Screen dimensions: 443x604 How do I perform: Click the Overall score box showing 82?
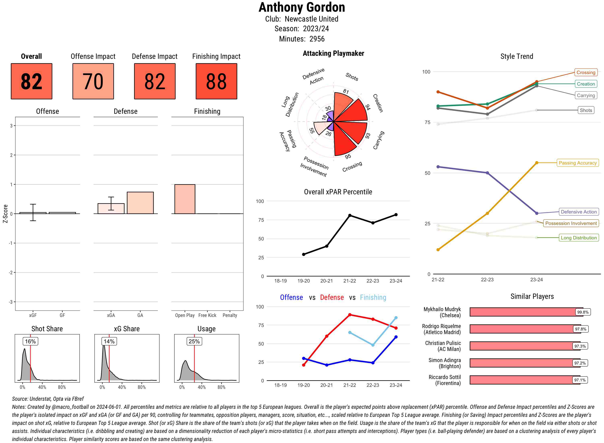tap(31, 81)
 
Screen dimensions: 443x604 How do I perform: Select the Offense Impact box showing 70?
tap(93, 81)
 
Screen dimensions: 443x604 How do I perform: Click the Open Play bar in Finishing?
tap(185, 199)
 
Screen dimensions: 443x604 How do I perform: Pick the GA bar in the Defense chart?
tap(140, 203)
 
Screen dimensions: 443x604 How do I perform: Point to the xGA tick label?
tap(111, 315)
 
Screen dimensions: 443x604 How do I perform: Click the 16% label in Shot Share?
tap(30, 341)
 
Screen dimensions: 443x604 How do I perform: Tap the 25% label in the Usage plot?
tap(194, 341)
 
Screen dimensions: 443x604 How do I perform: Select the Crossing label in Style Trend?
tap(585, 72)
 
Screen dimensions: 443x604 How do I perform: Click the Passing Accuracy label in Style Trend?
tap(577, 163)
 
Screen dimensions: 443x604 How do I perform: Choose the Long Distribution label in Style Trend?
tap(579, 238)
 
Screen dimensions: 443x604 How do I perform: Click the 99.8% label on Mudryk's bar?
tap(583, 312)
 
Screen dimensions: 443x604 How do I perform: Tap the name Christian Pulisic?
tap(443, 343)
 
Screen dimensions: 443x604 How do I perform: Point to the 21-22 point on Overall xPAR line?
tap(350, 215)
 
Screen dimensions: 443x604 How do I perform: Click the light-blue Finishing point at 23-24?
tap(396, 318)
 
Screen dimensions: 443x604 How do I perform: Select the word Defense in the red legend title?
tap(332, 297)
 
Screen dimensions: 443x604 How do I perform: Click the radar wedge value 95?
tap(348, 156)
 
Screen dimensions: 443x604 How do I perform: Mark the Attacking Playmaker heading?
tap(333, 53)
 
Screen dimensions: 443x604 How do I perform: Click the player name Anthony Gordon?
tap(302, 7)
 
